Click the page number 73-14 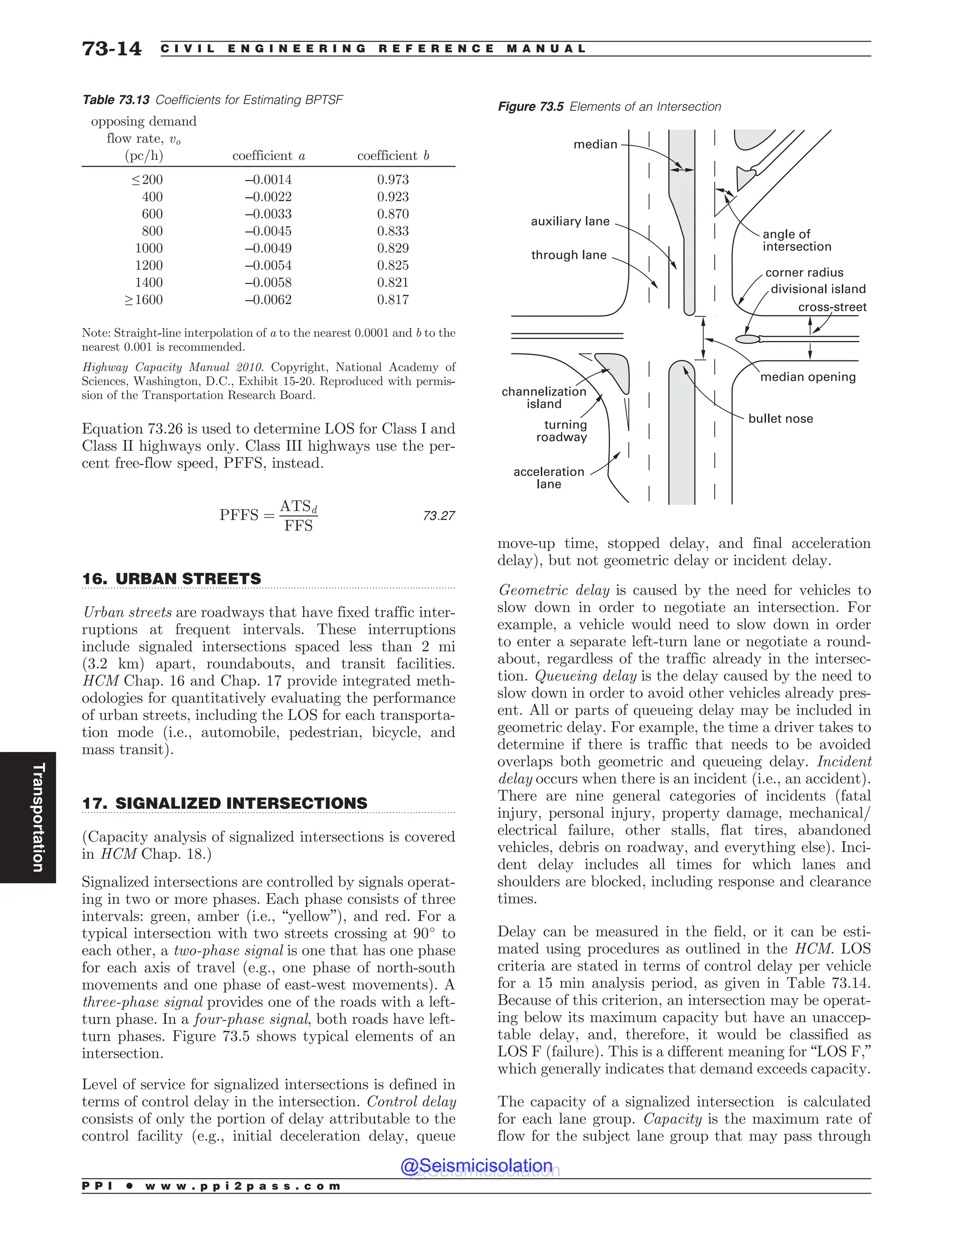coord(112,48)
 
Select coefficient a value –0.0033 coord(268,214)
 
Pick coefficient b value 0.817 coord(393,300)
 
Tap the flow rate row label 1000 coord(148,249)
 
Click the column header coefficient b coord(393,156)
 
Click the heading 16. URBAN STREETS coord(172,579)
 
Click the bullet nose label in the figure coord(780,419)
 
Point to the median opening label coord(807,377)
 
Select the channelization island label coord(544,398)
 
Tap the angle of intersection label coord(797,240)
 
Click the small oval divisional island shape coord(747,339)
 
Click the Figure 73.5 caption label coord(609,107)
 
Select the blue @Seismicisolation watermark coord(476,1166)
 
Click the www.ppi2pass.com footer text coord(243,1186)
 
